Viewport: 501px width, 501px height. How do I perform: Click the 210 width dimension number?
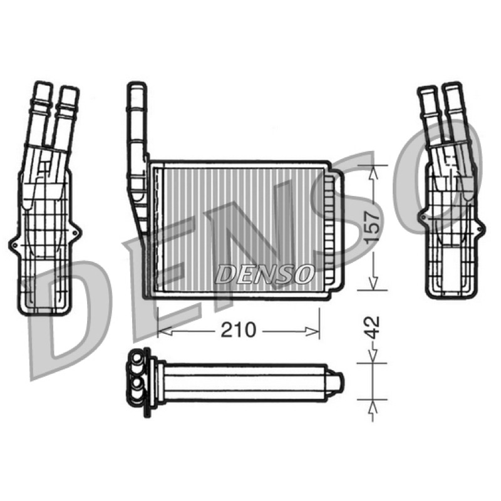click(x=239, y=330)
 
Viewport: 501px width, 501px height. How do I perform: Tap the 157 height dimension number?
click(x=373, y=227)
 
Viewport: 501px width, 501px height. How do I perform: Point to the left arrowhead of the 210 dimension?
click(x=165, y=331)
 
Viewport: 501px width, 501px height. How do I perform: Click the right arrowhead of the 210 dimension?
click(x=312, y=331)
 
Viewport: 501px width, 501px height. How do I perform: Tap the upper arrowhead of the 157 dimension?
click(x=373, y=173)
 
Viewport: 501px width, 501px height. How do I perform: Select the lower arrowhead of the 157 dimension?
click(x=373, y=284)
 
